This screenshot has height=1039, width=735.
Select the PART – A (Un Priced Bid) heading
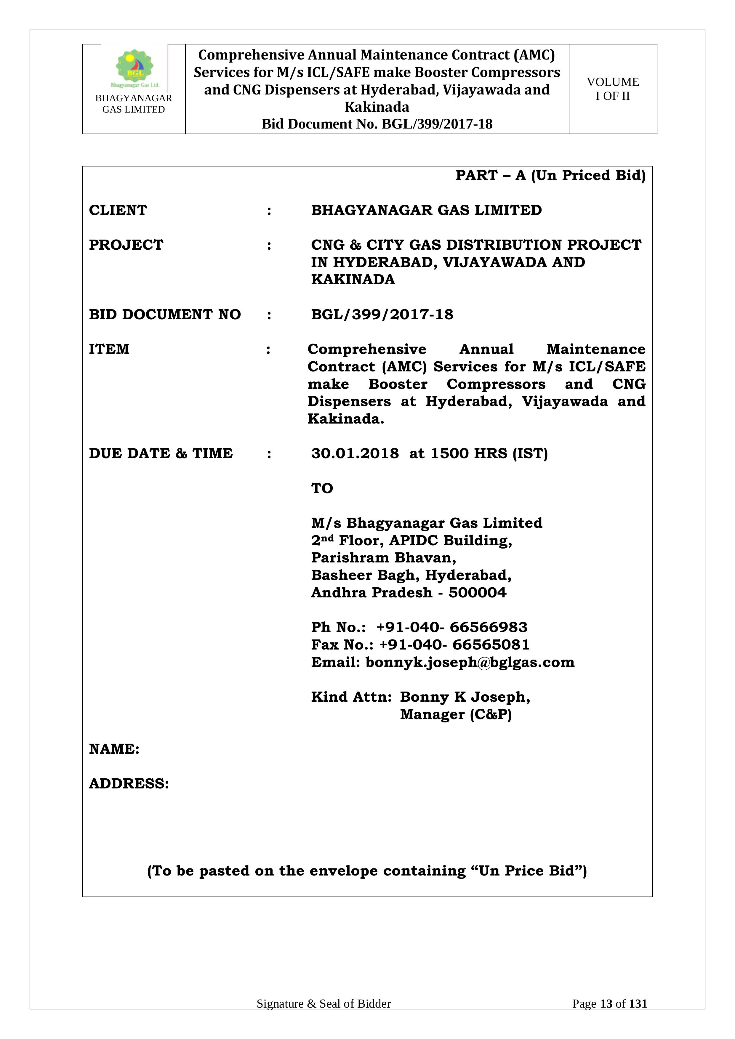click(x=550, y=175)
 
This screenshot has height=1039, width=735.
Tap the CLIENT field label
click(x=118, y=210)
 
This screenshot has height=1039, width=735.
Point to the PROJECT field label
click(x=126, y=245)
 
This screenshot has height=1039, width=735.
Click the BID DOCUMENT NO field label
click(x=165, y=315)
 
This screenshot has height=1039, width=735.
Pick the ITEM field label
click(x=109, y=349)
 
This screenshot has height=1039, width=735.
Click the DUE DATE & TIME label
click(x=161, y=453)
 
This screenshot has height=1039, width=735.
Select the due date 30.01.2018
click(x=355, y=453)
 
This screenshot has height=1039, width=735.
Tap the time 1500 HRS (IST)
click(x=489, y=453)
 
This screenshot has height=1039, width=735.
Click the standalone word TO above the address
click(x=322, y=488)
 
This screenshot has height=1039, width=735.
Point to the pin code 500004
click(x=478, y=593)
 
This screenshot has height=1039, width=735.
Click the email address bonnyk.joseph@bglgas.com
click(x=470, y=663)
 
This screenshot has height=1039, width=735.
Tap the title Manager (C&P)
click(x=456, y=715)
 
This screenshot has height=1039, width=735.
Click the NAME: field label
click(x=114, y=749)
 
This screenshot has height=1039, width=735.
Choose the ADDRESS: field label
click(x=129, y=784)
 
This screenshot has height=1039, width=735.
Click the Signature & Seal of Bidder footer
click(x=324, y=1016)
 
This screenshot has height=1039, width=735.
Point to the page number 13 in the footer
click(x=606, y=1016)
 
